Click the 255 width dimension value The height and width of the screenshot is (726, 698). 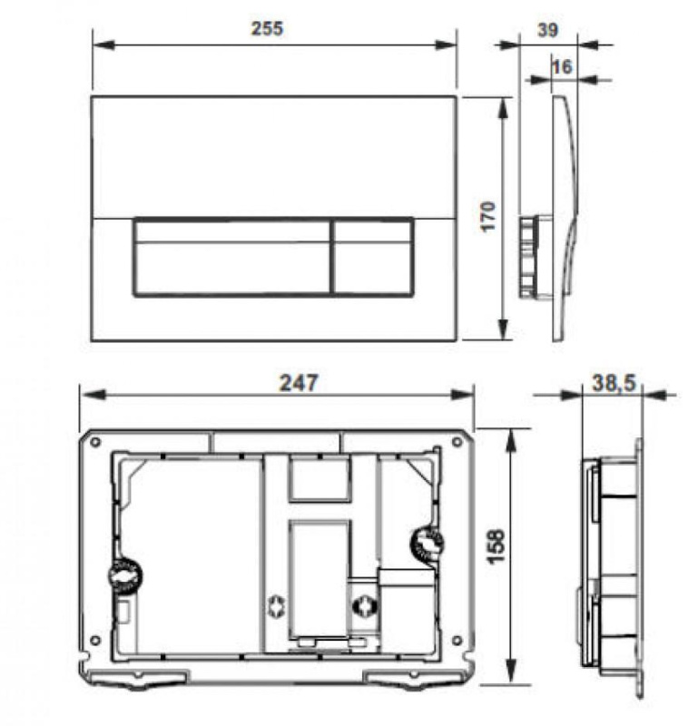coord(268,28)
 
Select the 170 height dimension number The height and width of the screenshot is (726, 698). coord(487,217)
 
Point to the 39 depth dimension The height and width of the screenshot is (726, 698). coord(546,30)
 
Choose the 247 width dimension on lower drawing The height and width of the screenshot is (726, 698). coord(298,383)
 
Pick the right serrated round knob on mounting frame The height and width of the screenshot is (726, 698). coord(426,544)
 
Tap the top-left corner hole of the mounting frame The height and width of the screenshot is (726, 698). coord(94,442)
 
